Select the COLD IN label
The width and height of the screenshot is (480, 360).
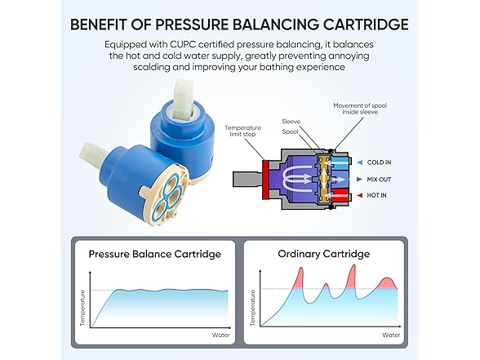pyautogui.click(x=380, y=162)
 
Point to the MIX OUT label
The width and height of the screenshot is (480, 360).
pyautogui.click(x=379, y=180)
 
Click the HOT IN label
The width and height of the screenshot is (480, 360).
pyautogui.click(x=376, y=195)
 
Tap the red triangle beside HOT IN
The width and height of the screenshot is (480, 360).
pyautogui.click(x=360, y=195)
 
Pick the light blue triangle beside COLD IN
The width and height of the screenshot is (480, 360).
pyautogui.click(x=360, y=162)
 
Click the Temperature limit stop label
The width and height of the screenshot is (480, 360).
pyautogui.click(x=242, y=131)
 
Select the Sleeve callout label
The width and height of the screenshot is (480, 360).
pyautogui.click(x=291, y=122)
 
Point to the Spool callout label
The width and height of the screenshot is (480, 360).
pyautogui.click(x=291, y=131)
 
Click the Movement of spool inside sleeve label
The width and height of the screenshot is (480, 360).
pyautogui.click(x=360, y=109)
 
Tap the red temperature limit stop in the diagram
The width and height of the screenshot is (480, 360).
pyautogui.click(x=266, y=180)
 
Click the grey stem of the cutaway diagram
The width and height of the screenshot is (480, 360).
pyautogui.click(x=247, y=180)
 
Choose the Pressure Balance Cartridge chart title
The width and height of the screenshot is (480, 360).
pyautogui.click(x=155, y=254)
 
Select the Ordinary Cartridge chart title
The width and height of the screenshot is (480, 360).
pyautogui.click(x=324, y=254)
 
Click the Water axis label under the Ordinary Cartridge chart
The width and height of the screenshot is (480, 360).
pyautogui.click(x=391, y=336)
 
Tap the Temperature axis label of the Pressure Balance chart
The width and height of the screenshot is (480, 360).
pyautogui.click(x=82, y=308)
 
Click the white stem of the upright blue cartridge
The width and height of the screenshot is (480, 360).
pyautogui.click(x=184, y=100)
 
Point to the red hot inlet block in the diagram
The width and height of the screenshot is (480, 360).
pyautogui.click(x=340, y=195)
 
